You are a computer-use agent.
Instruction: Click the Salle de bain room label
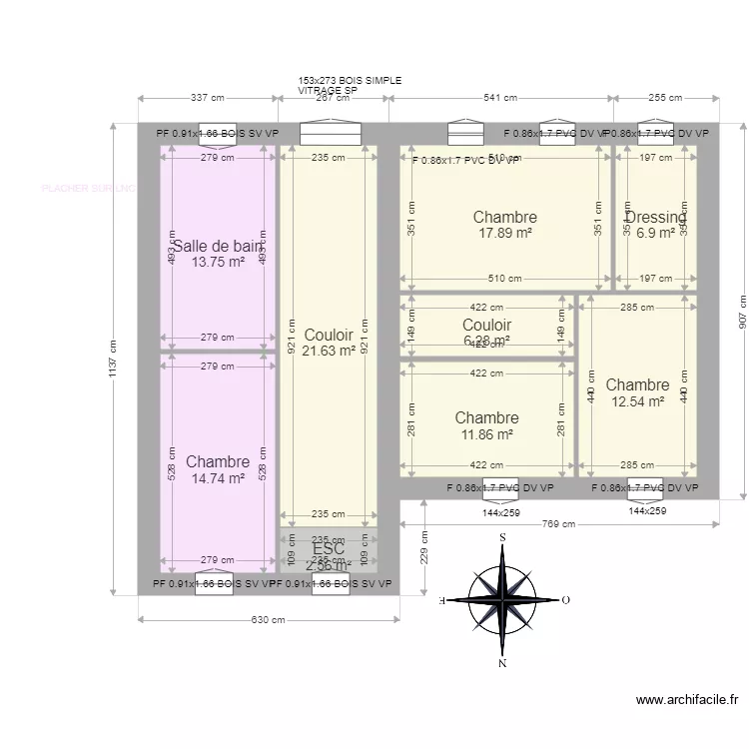coord(218,247)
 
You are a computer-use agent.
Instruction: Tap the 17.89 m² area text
coord(504,233)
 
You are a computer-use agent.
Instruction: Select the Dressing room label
coord(656,218)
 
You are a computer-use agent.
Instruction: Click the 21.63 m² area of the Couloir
coord(329,351)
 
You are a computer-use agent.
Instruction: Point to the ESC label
coord(329,548)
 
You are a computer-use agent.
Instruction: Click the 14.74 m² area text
coord(217,478)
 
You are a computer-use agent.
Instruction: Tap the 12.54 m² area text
coord(637,401)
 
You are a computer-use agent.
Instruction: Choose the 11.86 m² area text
coord(486,434)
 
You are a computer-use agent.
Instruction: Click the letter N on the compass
coord(502,663)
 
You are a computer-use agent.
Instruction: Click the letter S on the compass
coord(502,537)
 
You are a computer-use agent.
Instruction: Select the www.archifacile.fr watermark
coord(686,701)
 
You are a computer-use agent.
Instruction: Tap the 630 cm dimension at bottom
coord(267,620)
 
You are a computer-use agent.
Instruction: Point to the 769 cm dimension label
coord(558,524)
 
